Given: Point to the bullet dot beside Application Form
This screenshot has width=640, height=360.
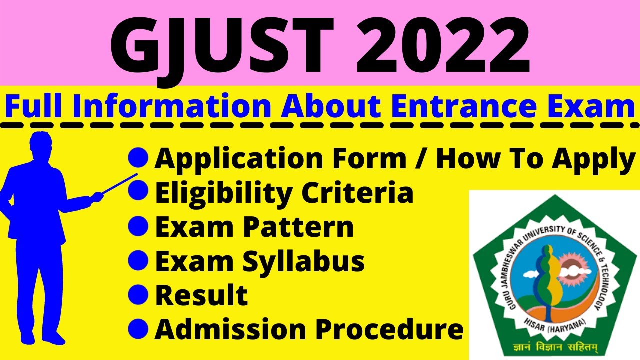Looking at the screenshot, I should coord(138,159).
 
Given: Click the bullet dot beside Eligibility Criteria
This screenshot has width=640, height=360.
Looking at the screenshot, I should coord(138,192).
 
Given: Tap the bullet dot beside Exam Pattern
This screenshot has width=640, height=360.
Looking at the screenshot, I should coord(138,226).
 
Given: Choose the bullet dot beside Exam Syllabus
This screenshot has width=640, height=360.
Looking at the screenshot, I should coord(138,260).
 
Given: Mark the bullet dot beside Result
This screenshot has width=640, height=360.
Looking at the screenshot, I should coord(138,294).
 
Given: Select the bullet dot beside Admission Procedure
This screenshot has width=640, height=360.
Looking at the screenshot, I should coord(138,328).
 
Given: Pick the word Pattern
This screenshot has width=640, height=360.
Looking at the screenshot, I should coord(298,227).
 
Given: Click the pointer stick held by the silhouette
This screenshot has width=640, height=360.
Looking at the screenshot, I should coord(120,183).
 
